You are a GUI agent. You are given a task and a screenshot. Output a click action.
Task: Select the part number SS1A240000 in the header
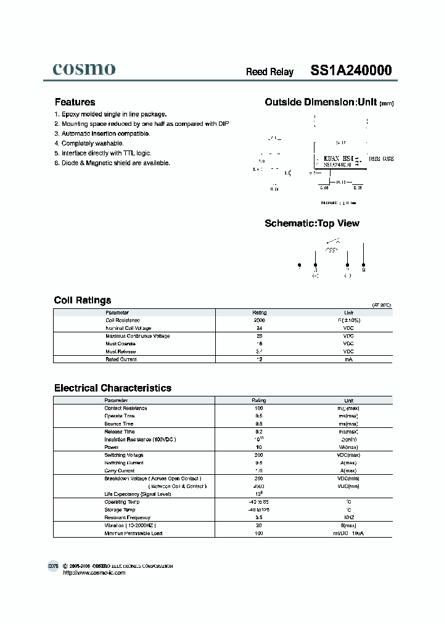coord(350,70)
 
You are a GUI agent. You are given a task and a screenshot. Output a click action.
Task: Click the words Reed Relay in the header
coord(269,72)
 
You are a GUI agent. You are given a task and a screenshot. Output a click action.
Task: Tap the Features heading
coord(75,102)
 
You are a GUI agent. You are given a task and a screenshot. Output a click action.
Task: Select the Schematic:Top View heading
coord(311,223)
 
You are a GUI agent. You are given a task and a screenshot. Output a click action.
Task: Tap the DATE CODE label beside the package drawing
coord(380,159)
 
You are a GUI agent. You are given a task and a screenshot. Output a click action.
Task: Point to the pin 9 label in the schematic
coord(363,269)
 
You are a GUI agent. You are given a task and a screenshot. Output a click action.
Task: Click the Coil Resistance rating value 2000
coord(259,321)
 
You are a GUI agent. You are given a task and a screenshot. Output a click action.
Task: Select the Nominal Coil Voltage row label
coord(128,328)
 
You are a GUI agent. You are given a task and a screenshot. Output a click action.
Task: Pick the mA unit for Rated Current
coord(348,359)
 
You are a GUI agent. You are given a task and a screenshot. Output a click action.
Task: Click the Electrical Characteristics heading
coord(113,388)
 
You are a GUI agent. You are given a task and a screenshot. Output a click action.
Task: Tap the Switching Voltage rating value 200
coord(259,455)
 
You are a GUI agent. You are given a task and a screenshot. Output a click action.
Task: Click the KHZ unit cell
coord(348,517)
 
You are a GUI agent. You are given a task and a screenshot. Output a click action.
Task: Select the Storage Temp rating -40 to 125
coord(259,510)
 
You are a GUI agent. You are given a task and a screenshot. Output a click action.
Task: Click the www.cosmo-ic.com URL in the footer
coord(94,573)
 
